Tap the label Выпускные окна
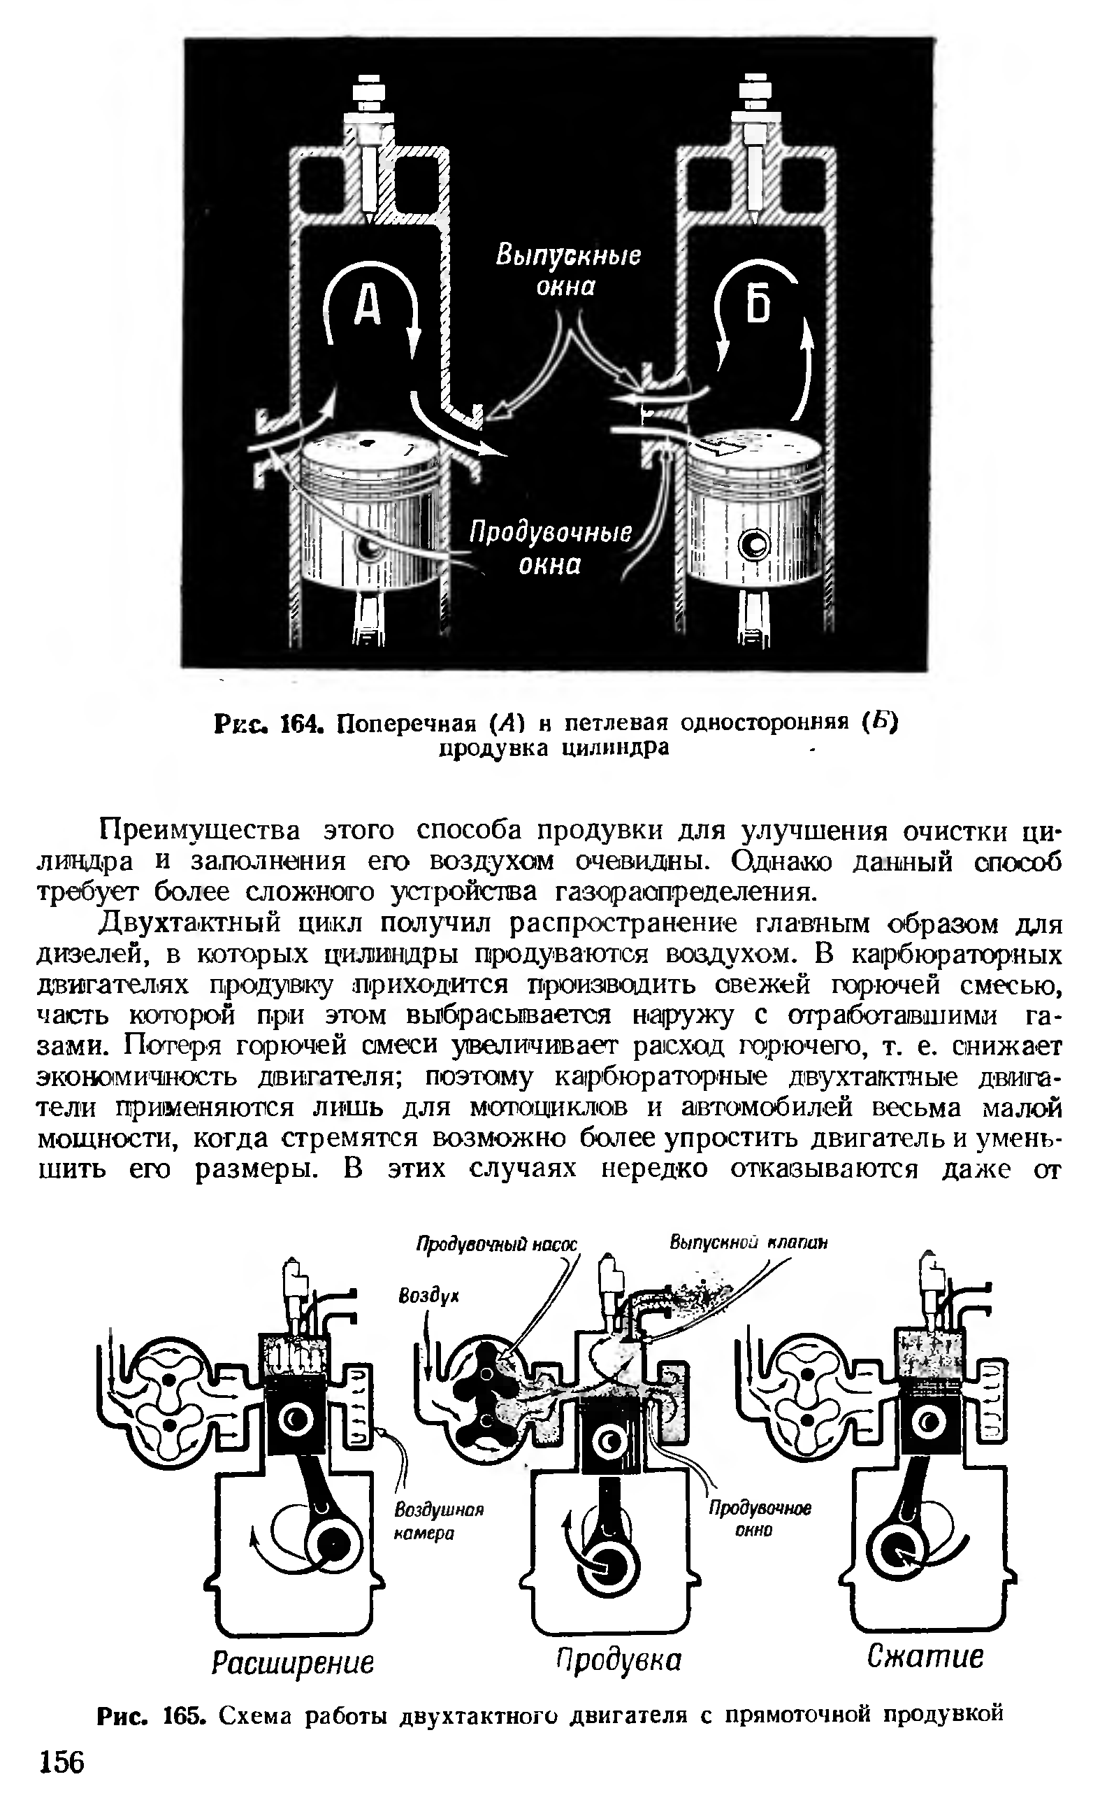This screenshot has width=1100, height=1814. (567, 270)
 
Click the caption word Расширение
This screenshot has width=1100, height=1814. (292, 1662)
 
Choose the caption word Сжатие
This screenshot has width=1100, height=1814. (925, 1656)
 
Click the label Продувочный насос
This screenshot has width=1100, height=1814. (497, 1245)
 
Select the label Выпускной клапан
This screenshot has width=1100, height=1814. (748, 1243)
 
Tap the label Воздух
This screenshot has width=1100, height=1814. (428, 1295)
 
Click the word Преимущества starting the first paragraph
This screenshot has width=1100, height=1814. (199, 831)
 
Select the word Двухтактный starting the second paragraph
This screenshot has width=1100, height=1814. (190, 923)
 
